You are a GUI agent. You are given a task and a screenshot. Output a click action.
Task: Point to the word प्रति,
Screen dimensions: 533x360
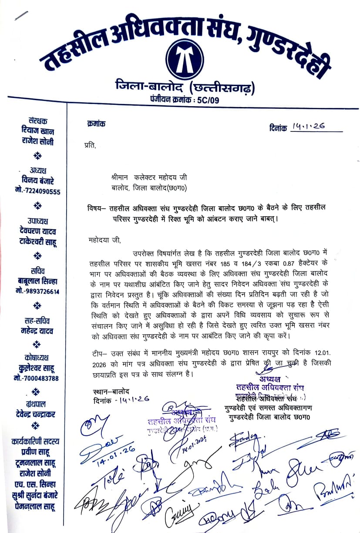pyautogui.click(x=89, y=145)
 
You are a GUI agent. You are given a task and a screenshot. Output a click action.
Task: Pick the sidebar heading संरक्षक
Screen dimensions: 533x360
pyautogui.click(x=38, y=121)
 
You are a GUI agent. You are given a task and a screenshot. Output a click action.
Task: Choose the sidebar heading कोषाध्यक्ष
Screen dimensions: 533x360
pyautogui.click(x=39, y=359)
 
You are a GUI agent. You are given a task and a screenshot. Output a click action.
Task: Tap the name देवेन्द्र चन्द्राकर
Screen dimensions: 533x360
pyautogui.click(x=38, y=414)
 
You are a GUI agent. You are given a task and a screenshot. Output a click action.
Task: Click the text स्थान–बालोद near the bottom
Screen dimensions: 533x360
pyautogui.click(x=111, y=391)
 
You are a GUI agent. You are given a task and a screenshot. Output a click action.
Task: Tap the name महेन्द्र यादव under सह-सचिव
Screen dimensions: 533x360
pyautogui.click(x=39, y=331)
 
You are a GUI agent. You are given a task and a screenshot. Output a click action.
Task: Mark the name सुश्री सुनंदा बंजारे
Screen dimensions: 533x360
pyautogui.click(x=39, y=495)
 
